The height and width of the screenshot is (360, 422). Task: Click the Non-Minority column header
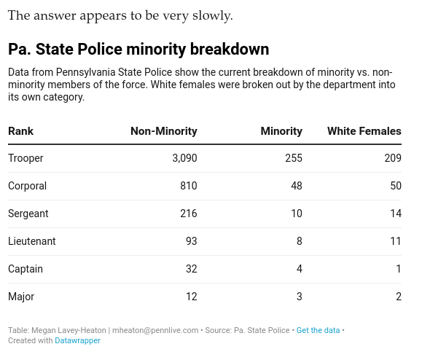(164, 131)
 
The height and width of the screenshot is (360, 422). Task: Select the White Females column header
(364, 131)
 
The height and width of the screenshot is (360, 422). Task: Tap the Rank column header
(20, 131)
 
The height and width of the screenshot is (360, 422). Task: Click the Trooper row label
(26, 158)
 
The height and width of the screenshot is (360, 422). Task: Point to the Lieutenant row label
(32, 241)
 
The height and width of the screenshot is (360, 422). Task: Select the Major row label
(21, 297)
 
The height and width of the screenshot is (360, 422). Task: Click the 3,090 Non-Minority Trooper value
(184, 158)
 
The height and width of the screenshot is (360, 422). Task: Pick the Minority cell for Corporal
(297, 186)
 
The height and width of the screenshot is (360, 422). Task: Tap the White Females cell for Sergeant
(396, 214)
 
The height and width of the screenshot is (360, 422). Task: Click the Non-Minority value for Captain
(192, 269)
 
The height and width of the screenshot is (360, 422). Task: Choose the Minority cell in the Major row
(300, 297)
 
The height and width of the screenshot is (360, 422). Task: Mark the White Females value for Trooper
(393, 158)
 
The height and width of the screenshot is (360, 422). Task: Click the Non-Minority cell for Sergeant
(189, 214)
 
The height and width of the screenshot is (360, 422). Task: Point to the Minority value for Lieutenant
(300, 241)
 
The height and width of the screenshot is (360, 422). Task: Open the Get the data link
(318, 330)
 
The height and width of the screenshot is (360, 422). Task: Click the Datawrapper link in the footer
(77, 340)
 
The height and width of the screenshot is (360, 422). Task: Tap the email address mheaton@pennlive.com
(155, 330)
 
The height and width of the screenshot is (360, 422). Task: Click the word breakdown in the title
(230, 49)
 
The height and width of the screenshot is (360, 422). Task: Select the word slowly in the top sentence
(213, 15)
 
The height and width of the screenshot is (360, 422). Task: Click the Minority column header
(281, 131)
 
